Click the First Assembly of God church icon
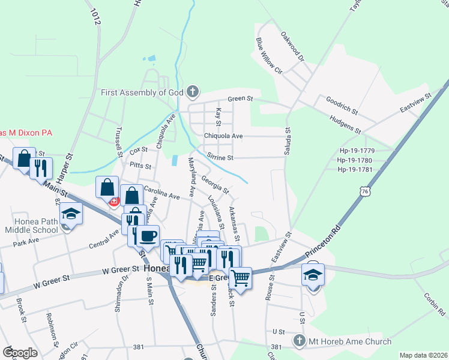click(192, 92)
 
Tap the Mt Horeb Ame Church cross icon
click(300, 341)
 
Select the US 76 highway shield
click(365, 191)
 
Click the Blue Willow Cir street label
click(269, 55)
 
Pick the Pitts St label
click(140, 165)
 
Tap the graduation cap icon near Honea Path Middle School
click(71, 215)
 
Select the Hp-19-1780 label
click(355, 160)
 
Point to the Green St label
click(240, 99)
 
